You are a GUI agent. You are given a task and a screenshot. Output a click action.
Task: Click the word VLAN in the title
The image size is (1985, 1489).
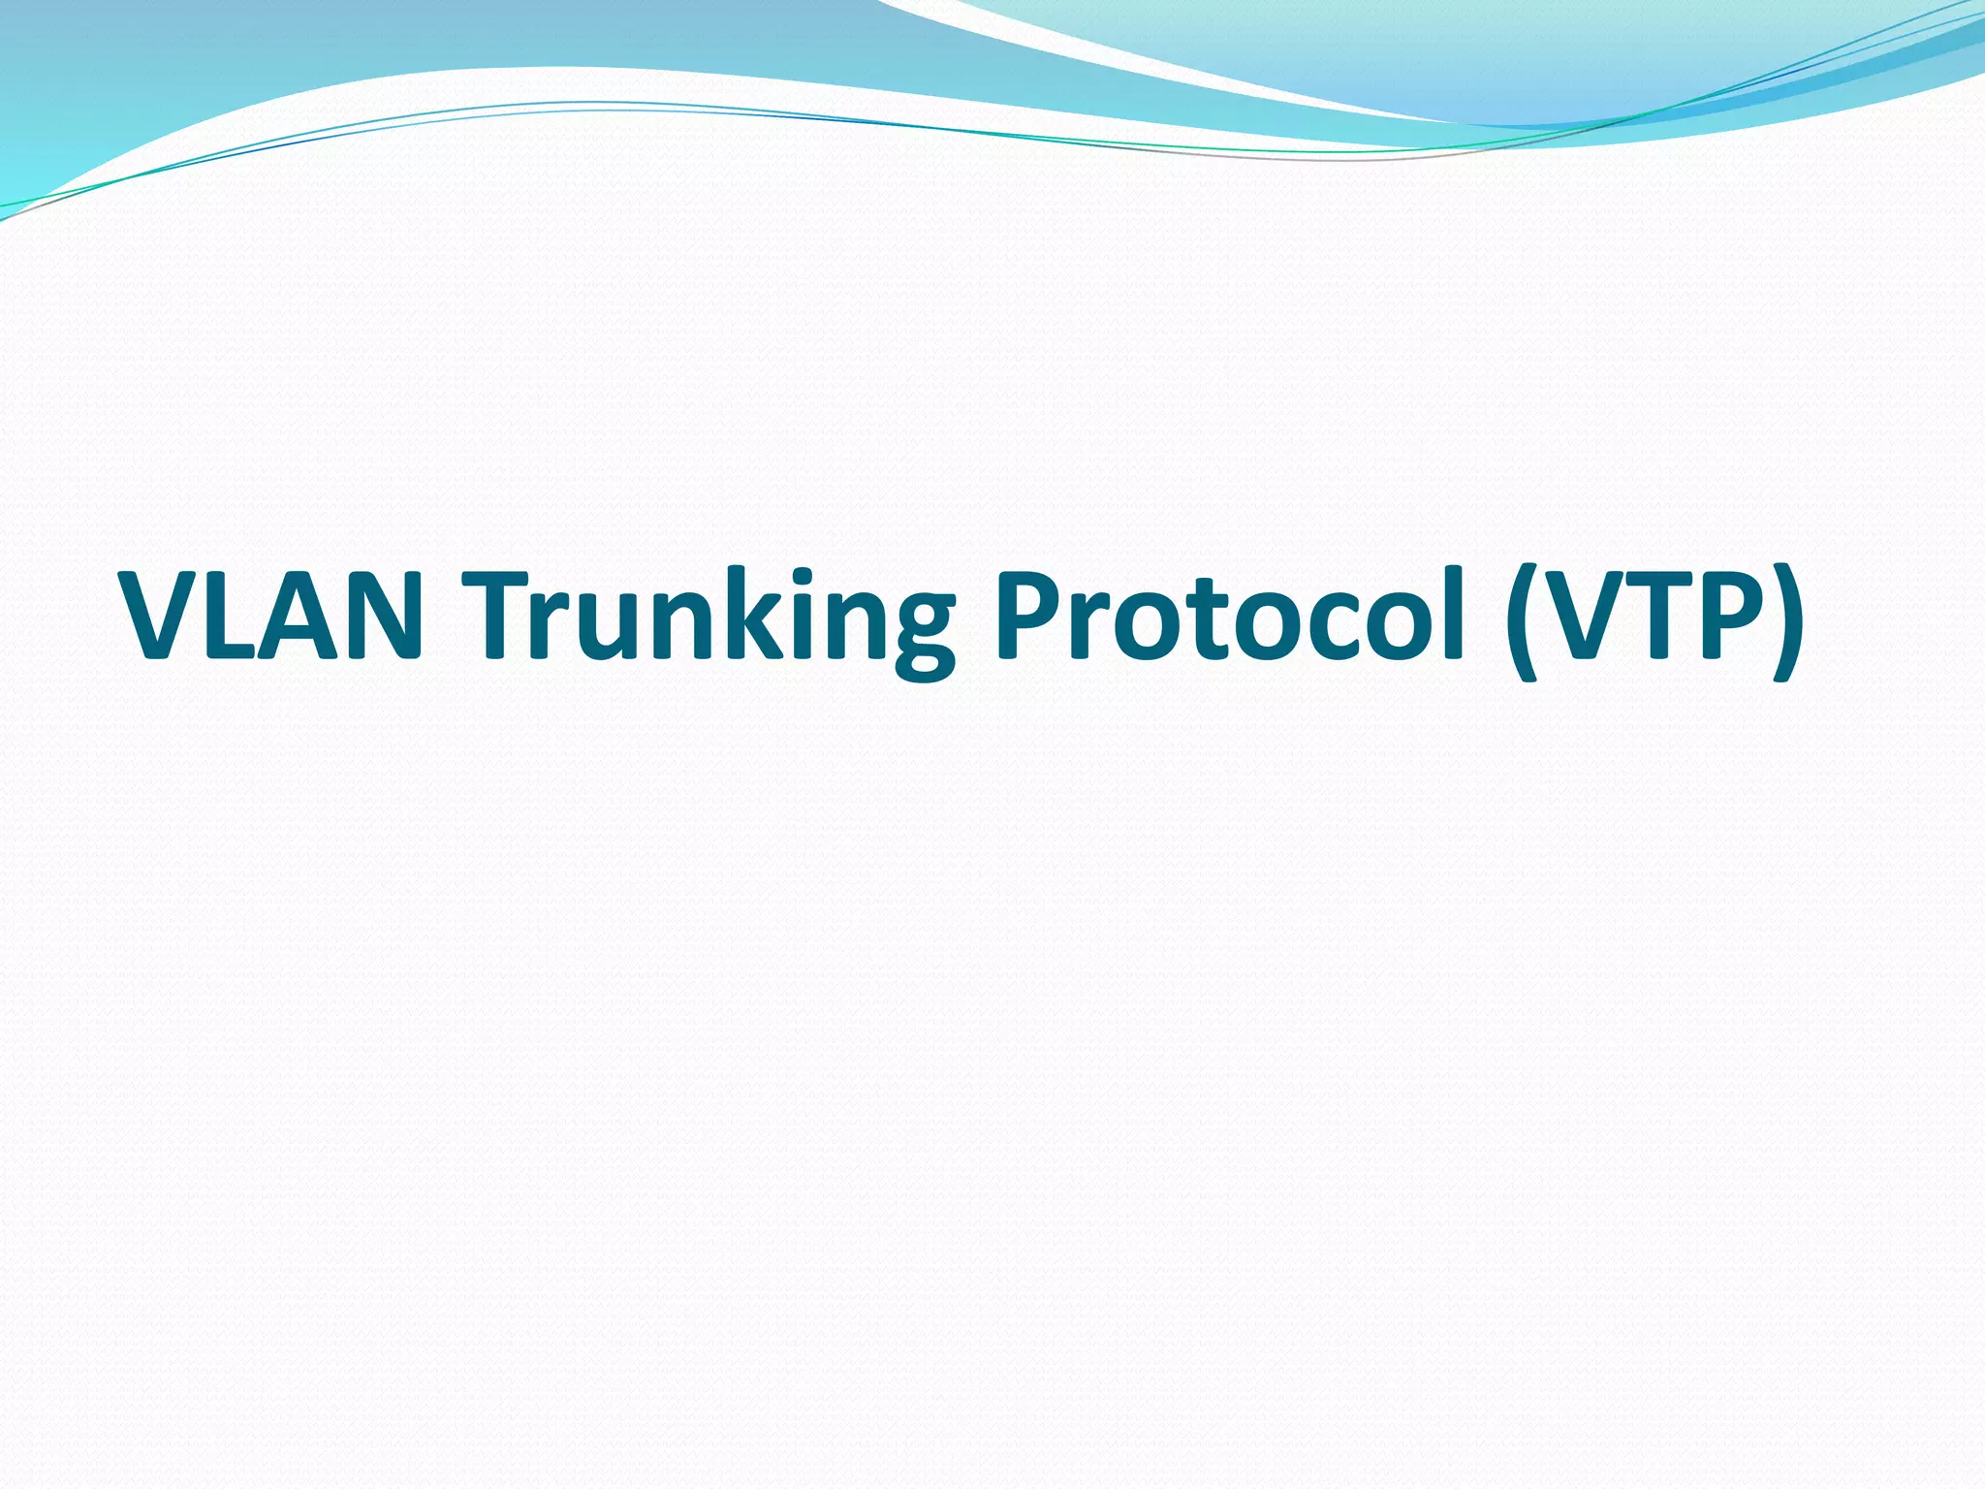click(x=271, y=617)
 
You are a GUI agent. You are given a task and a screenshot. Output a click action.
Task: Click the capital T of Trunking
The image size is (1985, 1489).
click(x=498, y=617)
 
